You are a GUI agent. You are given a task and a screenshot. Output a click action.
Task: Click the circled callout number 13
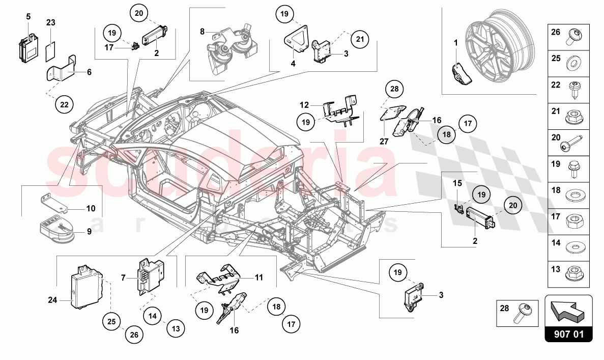[x=176, y=329]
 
